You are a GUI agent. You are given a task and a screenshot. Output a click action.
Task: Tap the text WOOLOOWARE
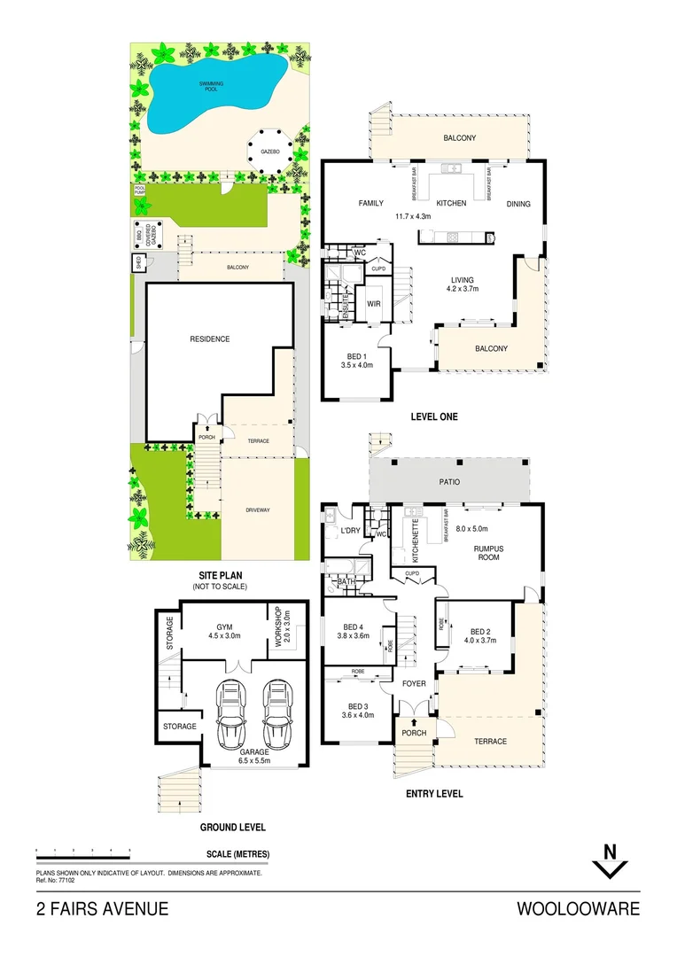coord(578,909)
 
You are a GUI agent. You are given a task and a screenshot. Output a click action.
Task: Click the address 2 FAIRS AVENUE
coord(102,909)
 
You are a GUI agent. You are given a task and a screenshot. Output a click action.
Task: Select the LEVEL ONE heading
coord(433,416)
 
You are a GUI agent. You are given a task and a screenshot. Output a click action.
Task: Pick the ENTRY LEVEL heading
coord(433,794)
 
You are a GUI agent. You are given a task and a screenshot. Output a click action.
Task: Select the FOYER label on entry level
coord(414,683)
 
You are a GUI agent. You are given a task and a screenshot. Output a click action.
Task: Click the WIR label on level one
coord(373,304)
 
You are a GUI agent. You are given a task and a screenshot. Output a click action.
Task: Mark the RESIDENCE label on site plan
coord(209,338)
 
